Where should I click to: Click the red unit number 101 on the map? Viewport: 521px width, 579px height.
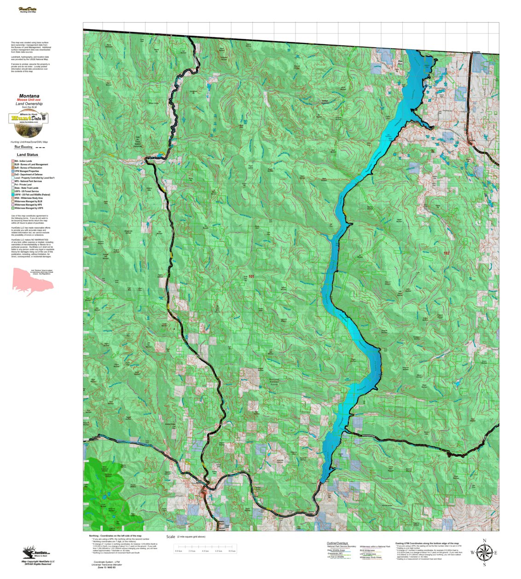click(251, 277)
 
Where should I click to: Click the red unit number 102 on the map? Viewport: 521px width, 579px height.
click(446, 253)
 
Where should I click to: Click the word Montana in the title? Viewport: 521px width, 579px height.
click(29, 96)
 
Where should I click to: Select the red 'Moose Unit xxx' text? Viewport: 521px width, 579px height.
click(29, 100)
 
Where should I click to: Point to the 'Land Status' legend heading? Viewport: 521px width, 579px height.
click(28, 155)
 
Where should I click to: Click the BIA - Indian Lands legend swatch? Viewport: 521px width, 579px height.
click(12, 161)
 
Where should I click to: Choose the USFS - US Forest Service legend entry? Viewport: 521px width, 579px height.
click(27, 191)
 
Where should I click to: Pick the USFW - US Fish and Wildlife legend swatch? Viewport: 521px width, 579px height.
click(12, 195)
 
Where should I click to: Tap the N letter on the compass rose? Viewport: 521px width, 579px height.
click(484, 541)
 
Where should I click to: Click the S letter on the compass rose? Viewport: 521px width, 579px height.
click(484, 565)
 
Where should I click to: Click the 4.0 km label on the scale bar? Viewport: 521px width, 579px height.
click(205, 551)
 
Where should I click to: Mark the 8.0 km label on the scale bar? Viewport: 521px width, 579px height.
click(232, 551)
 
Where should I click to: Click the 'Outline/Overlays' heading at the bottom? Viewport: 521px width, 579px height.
click(337, 544)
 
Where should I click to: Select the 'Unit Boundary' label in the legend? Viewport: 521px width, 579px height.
click(23, 147)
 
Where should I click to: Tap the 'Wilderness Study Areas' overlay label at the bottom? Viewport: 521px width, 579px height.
click(370, 557)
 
